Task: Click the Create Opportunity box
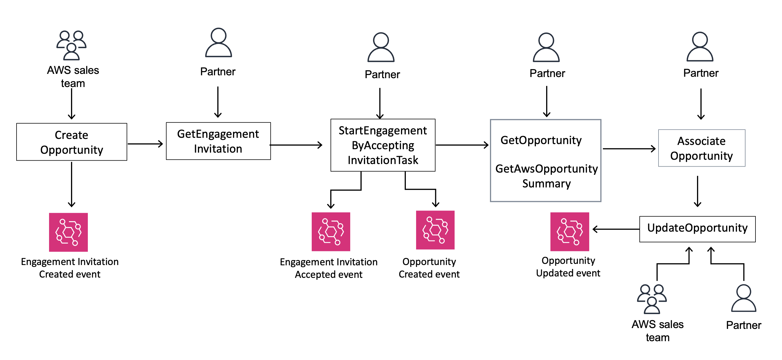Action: click(x=72, y=142)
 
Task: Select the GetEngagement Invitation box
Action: click(x=218, y=141)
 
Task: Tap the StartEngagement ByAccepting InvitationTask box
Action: click(x=383, y=145)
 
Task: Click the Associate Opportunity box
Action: click(x=701, y=148)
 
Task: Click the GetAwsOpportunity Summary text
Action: click(x=546, y=176)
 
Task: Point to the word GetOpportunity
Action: click(x=541, y=140)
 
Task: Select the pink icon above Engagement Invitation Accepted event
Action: click(x=331, y=232)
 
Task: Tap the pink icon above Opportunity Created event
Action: click(x=435, y=230)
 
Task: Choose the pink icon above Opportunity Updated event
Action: click(x=570, y=232)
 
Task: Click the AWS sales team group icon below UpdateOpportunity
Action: click(x=651, y=299)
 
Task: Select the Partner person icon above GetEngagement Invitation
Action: click(x=218, y=43)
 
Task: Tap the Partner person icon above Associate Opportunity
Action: click(x=700, y=47)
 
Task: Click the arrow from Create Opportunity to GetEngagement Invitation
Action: click(x=145, y=144)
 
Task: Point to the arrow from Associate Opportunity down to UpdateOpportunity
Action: click(x=697, y=191)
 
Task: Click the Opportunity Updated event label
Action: click(x=568, y=267)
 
